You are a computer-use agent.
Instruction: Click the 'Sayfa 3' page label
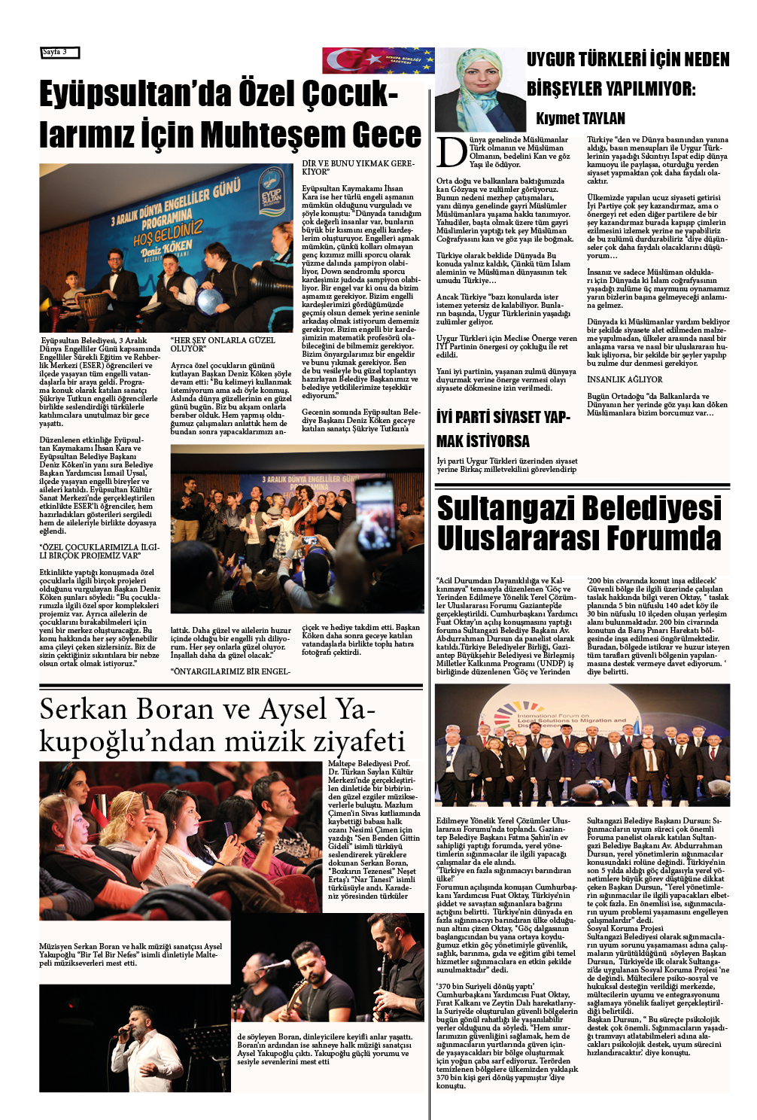(59, 52)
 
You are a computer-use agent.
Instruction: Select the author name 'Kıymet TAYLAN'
(580, 118)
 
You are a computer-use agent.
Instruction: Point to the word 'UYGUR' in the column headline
(551, 59)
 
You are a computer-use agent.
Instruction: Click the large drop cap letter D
(451, 153)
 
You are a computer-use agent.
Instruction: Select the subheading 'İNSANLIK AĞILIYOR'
(625, 379)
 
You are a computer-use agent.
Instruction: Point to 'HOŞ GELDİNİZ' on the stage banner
(167, 233)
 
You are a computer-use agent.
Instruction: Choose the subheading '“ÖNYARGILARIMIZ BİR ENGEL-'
(230, 671)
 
